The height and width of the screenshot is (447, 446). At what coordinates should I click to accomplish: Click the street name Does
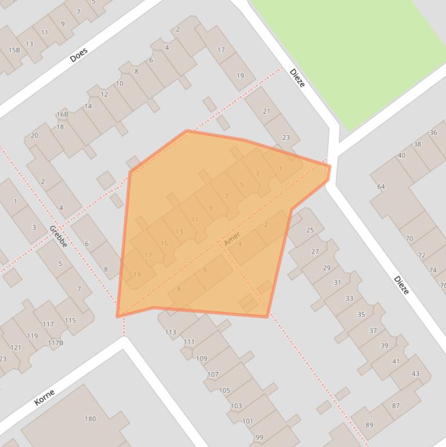78,55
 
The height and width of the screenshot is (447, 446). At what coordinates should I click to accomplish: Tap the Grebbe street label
58,236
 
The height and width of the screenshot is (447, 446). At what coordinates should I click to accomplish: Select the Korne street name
44,397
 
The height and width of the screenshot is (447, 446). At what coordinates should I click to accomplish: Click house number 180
90,419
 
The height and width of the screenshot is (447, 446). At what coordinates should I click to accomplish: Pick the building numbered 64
381,186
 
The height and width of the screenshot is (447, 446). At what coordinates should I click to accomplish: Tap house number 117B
56,343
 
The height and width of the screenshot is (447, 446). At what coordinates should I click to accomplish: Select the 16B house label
62,114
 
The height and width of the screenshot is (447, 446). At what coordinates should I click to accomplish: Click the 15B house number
13,50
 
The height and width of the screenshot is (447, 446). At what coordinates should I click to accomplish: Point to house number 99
259,437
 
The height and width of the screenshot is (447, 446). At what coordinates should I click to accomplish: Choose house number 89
369,425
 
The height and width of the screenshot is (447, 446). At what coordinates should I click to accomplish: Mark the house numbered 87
396,406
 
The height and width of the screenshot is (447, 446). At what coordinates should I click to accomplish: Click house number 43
415,373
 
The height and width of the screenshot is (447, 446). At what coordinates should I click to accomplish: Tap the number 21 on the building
267,111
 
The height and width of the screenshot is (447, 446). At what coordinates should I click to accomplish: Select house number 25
310,230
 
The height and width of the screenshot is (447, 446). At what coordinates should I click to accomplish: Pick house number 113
171,332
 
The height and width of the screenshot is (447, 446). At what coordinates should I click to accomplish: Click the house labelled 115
70,320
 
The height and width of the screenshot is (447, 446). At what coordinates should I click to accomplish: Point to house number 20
34,135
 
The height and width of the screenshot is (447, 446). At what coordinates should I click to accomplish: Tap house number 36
433,132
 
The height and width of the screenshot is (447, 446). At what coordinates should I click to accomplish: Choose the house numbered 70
409,238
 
